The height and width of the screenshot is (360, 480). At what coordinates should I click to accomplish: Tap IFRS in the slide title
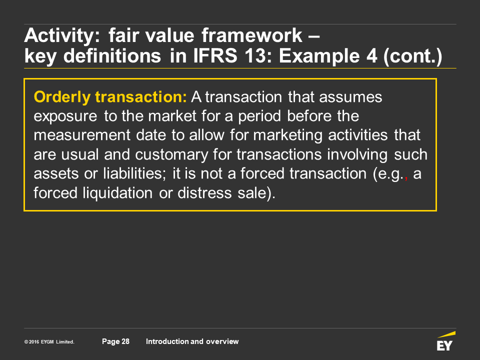pos(215,55)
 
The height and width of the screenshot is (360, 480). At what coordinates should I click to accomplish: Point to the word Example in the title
pos(319,56)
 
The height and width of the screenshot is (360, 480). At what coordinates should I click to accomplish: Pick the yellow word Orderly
pos(62,97)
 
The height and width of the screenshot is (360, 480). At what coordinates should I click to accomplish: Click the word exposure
pos(65,117)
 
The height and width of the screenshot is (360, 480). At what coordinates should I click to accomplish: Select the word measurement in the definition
pos(82,135)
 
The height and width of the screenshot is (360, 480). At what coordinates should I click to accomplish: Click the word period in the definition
pos(259,117)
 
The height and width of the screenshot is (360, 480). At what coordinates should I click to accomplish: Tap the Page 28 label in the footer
pos(115,341)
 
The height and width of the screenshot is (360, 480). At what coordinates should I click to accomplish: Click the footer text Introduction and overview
pos(192,341)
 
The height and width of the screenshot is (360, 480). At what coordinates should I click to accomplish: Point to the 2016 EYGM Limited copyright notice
pos(49,342)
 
